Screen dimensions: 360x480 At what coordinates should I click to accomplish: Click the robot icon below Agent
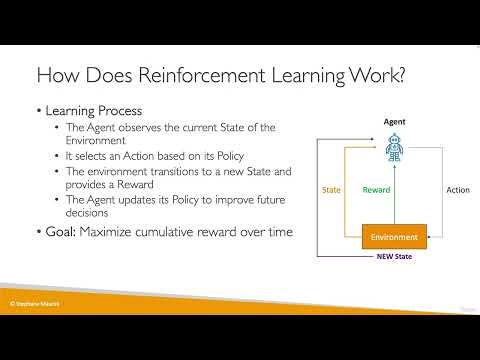tap(394, 150)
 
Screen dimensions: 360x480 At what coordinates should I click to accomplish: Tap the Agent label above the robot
tap(394, 121)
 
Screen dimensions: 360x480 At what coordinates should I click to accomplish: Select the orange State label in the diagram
tap(332, 189)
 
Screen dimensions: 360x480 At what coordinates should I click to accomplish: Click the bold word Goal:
tap(64, 232)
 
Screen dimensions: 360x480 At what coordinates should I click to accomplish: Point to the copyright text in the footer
tap(36, 301)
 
